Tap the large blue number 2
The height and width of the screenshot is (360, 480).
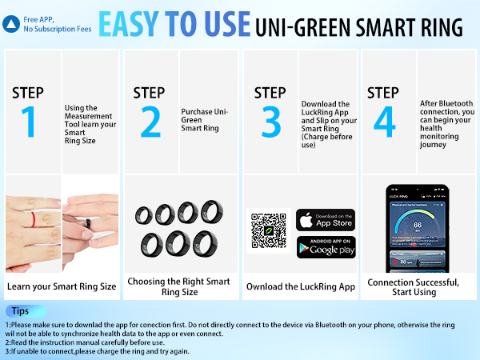click(x=150, y=122)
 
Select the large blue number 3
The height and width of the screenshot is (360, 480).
click(x=271, y=122)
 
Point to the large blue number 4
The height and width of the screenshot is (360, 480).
click(x=385, y=122)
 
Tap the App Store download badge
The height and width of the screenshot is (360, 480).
click(x=326, y=219)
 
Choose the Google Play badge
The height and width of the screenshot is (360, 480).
click(x=326, y=247)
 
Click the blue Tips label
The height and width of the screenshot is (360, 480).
click(x=20, y=310)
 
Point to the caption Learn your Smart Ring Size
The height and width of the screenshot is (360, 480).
click(x=61, y=286)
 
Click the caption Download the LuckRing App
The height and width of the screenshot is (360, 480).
click(x=300, y=286)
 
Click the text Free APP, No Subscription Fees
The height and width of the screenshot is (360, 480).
click(x=57, y=23)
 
